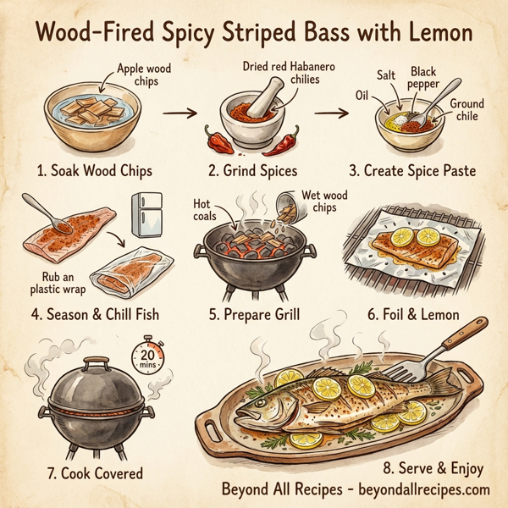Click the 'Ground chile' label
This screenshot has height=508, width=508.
[467, 109]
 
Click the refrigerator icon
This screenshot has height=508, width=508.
[147, 215]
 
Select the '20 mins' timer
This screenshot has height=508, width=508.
[151, 356]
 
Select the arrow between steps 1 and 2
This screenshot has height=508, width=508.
[174, 111]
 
